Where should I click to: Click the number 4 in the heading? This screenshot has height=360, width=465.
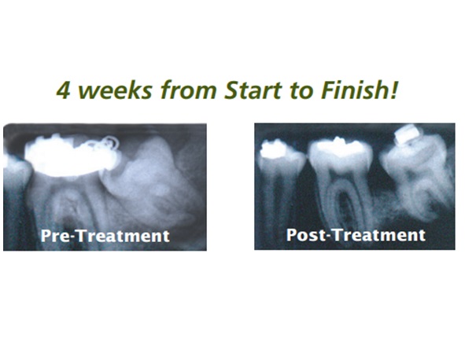[x=63, y=90]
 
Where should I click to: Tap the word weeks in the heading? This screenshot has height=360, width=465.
[x=114, y=90]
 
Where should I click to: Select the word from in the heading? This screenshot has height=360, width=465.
[x=188, y=90]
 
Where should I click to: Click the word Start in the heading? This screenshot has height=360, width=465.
[x=253, y=90]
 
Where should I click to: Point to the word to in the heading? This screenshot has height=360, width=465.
[x=300, y=90]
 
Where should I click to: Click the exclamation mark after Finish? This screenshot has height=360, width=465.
[x=393, y=90]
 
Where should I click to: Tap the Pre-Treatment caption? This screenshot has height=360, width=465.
[x=105, y=236]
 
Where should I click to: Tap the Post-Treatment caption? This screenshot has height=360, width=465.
[x=356, y=235]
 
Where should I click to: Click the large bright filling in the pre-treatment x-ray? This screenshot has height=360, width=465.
[x=70, y=156]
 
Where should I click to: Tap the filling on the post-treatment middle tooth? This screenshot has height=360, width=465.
[x=340, y=145]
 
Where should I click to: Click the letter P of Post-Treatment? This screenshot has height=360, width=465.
[x=291, y=234]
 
